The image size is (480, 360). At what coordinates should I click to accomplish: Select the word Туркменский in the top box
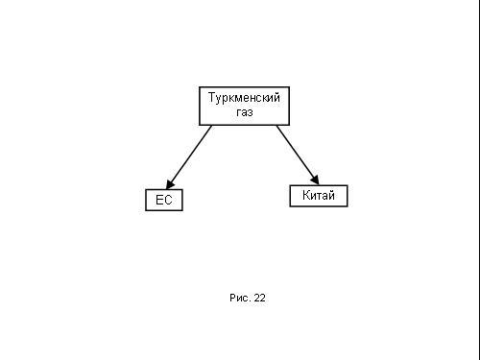244,98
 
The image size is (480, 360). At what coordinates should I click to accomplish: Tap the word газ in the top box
245,112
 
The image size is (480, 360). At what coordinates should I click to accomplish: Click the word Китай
319,195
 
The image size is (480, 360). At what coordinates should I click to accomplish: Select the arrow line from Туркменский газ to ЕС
189,157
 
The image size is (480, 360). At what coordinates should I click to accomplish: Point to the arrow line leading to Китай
298,156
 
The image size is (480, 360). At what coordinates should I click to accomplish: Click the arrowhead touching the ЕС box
170,184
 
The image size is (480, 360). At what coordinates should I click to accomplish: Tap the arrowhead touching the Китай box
315,180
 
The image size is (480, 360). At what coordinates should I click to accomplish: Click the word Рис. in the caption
239,298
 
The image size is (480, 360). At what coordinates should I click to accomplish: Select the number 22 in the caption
259,298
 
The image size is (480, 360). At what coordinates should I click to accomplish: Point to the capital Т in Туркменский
212,97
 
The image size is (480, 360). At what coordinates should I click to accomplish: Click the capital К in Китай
306,195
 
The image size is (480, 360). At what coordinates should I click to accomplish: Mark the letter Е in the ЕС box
159,200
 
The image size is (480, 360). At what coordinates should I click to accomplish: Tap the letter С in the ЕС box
168,200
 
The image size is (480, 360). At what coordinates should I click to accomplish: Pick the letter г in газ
239,112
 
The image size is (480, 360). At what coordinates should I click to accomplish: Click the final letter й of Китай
331,195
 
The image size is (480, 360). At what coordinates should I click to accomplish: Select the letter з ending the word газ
251,112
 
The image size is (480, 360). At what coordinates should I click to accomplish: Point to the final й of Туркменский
277,97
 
